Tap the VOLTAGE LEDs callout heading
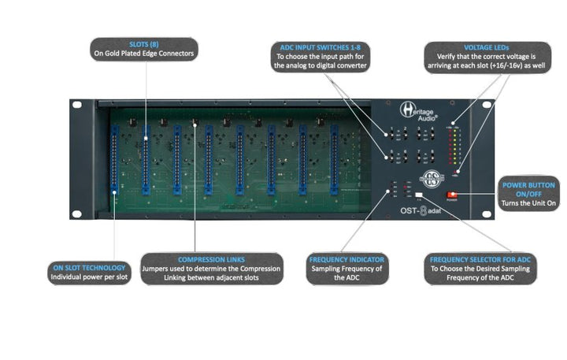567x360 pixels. [485, 46]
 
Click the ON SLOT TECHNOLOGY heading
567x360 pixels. [87, 268]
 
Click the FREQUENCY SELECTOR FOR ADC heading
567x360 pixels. [480, 259]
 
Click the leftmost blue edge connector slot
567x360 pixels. [115, 162]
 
